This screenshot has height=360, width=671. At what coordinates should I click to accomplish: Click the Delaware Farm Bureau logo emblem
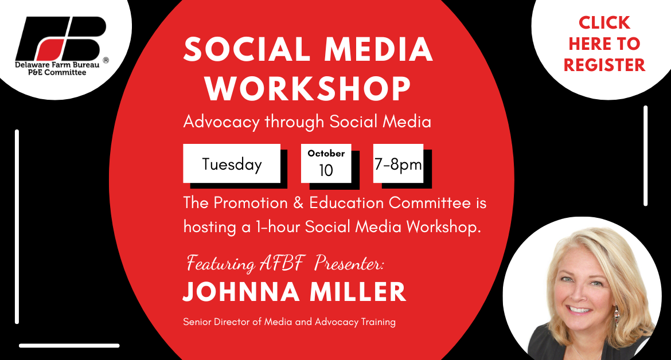tap(61, 38)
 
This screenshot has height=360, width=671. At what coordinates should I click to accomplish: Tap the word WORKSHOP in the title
tap(307, 88)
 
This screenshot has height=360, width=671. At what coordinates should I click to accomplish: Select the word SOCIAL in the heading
tap(247, 49)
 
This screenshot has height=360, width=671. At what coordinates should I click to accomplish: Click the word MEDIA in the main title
tap(379, 49)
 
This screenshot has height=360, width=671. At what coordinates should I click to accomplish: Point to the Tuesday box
tap(232, 163)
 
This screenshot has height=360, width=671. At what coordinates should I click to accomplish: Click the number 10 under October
tap(326, 171)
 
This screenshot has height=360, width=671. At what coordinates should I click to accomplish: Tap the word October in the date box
tap(326, 154)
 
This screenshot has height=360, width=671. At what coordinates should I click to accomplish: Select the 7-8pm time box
tap(399, 163)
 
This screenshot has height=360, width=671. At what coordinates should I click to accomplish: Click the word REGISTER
tap(604, 65)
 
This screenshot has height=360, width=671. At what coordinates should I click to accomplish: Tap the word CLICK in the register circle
tap(604, 23)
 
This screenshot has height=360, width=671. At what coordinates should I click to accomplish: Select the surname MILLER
tap(358, 292)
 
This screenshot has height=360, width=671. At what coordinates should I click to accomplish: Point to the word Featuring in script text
tap(220, 263)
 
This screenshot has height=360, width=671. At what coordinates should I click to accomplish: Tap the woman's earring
tap(616, 317)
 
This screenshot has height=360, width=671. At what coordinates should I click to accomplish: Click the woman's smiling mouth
tap(579, 308)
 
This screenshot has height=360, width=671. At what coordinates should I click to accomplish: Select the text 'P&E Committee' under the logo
tap(57, 72)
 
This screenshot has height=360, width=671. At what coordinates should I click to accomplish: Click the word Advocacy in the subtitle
tap(221, 122)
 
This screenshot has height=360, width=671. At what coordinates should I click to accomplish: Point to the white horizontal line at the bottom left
tap(69, 346)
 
